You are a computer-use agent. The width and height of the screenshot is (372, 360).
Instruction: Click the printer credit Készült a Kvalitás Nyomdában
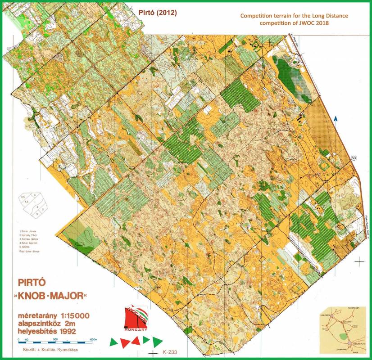pos(54,348)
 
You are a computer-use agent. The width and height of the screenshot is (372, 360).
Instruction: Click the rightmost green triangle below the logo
pos(157,342)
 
